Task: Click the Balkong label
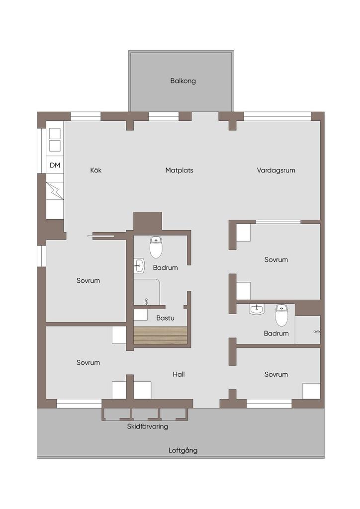pos(183,81)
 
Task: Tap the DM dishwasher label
pos(55,165)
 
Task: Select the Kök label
pos(96,170)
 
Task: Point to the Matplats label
pos(179,170)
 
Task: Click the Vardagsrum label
pos(276,170)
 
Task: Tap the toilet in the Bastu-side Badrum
pos(156,247)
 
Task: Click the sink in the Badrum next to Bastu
pos(139,266)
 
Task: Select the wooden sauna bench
pos(161,335)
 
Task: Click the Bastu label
pos(165,318)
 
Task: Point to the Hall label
pos(179,375)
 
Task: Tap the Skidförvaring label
pos(147,426)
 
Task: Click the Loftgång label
pos(183,450)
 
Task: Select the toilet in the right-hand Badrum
pos(281,315)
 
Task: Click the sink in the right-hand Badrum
pos(257,309)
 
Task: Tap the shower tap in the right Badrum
pos(317,332)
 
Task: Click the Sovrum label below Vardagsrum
pos(276,259)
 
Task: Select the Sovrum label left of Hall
pos(88,362)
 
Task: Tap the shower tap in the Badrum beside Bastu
pos(146,302)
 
